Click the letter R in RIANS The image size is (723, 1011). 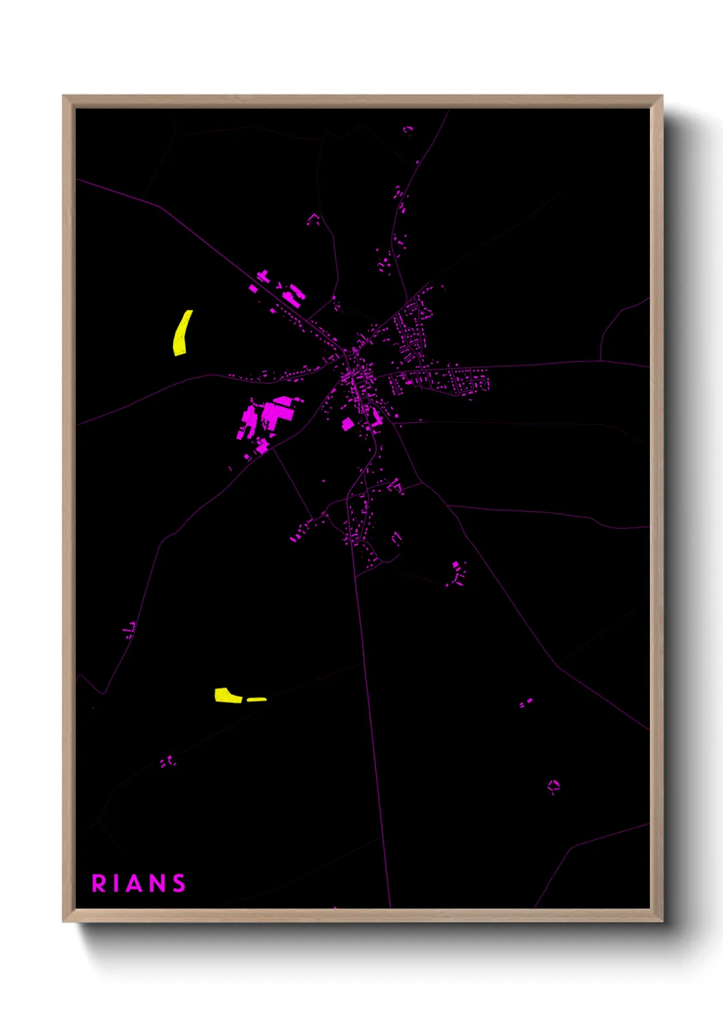point(99,883)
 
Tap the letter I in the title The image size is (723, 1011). point(118,883)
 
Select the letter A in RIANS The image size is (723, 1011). point(136,883)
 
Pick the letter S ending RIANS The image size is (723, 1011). point(179,883)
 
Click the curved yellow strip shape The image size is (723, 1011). point(182,333)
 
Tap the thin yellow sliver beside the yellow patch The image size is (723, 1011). point(257,699)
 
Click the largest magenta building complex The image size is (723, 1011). point(267,417)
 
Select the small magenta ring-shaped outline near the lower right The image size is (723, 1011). point(554,786)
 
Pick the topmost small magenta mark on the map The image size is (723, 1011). point(408,128)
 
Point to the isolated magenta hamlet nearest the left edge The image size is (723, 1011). point(129,630)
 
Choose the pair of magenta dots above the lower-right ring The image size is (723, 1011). point(526,702)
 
